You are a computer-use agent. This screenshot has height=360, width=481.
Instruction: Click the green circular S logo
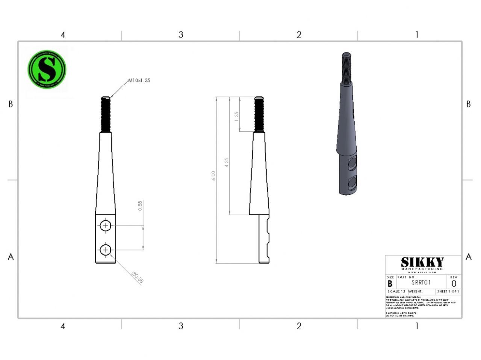[47, 70]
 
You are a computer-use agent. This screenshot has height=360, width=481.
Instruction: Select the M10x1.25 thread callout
[139, 80]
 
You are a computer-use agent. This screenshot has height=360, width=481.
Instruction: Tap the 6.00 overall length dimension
[213, 176]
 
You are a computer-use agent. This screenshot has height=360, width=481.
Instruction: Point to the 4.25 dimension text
[226, 163]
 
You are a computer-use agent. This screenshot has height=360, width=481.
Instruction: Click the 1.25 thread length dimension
[236, 116]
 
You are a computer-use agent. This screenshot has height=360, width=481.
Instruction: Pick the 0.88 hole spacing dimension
[140, 206]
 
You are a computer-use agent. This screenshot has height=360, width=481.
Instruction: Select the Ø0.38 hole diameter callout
[138, 277]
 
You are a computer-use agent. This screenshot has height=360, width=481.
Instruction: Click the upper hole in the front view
[106, 226]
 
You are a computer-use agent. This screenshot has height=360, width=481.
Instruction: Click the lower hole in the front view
[106, 249]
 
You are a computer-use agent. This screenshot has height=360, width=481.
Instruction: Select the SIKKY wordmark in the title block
[422, 262]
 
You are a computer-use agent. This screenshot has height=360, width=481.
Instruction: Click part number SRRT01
[421, 283]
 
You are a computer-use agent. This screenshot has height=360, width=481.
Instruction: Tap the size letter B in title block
[390, 284]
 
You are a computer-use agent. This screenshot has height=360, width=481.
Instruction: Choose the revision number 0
[454, 284]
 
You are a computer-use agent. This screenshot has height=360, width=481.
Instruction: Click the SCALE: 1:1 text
[396, 292]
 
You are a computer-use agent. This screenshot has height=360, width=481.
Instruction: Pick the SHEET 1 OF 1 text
[448, 292]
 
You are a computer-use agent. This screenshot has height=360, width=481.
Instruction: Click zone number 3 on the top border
[181, 35]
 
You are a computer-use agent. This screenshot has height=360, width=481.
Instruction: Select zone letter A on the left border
[11, 257]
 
